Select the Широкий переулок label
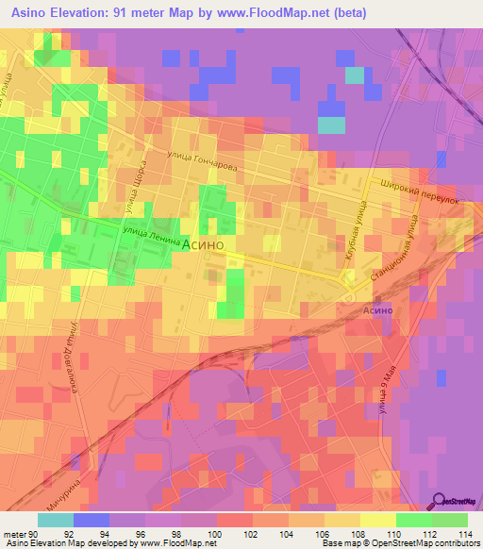[x=419, y=194]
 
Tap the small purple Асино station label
[x=375, y=310]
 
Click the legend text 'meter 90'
[x=19, y=533]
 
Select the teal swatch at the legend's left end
[x=55, y=520]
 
